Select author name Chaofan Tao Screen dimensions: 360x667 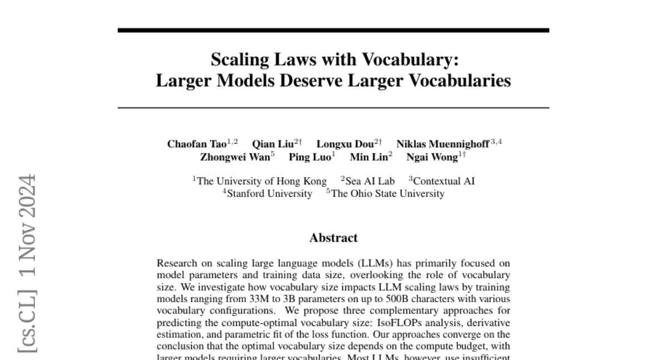coord(197,144)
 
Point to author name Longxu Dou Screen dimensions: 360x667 coord(344,144)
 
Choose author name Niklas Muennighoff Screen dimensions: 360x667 coord(442,144)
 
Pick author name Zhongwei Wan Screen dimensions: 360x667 coord(233,157)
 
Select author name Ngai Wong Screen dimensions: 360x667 coord(432,157)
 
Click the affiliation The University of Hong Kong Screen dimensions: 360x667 coord(262,181)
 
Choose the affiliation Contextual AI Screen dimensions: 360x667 coord(444,181)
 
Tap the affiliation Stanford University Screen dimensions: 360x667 coord(270,193)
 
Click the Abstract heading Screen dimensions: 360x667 coord(333,238)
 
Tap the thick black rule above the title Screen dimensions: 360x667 coord(333,30)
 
